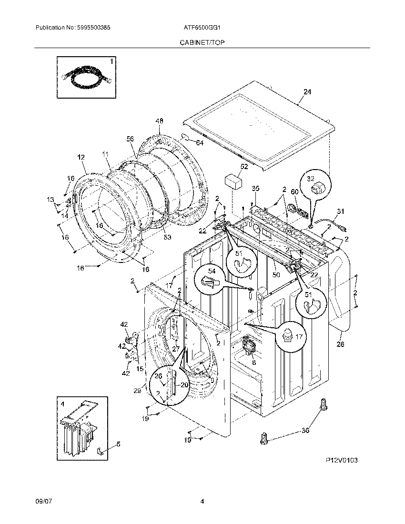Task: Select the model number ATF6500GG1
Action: tap(202, 28)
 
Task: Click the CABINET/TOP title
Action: tap(202, 42)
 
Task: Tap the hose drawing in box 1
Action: tap(85, 78)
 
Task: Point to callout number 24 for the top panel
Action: tap(307, 92)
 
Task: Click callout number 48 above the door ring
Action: tap(159, 121)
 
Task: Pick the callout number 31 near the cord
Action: tap(340, 211)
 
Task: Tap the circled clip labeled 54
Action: tap(210, 279)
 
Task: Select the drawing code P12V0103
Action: tap(342, 461)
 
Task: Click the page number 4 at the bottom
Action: tap(202, 501)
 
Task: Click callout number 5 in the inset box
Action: tap(118, 444)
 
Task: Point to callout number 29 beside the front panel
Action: tap(137, 390)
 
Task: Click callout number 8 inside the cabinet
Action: tap(254, 362)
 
